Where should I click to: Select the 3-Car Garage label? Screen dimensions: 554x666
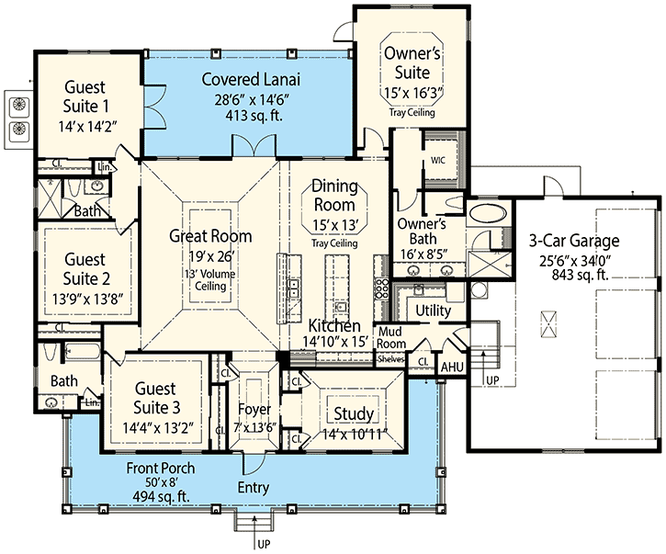point(574,242)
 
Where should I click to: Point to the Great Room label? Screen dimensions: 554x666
point(210,236)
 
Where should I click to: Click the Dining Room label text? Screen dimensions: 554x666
point(334,194)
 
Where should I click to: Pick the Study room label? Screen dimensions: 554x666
point(353,413)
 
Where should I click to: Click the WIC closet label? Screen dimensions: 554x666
point(437,159)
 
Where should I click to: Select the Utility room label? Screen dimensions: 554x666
point(433,311)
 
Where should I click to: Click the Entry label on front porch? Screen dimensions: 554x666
point(253,486)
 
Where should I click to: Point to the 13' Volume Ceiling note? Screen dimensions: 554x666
point(210,279)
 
